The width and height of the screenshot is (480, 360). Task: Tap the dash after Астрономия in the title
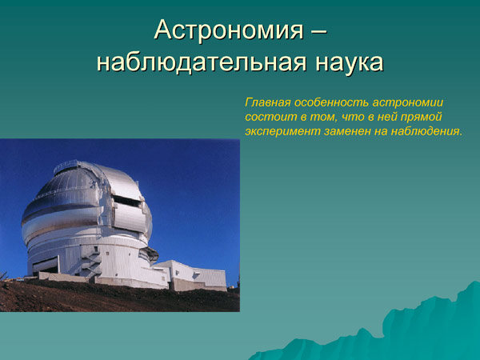[318, 31]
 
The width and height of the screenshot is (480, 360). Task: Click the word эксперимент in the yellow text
[280, 131]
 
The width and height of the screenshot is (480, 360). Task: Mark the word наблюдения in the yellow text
[429, 131]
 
